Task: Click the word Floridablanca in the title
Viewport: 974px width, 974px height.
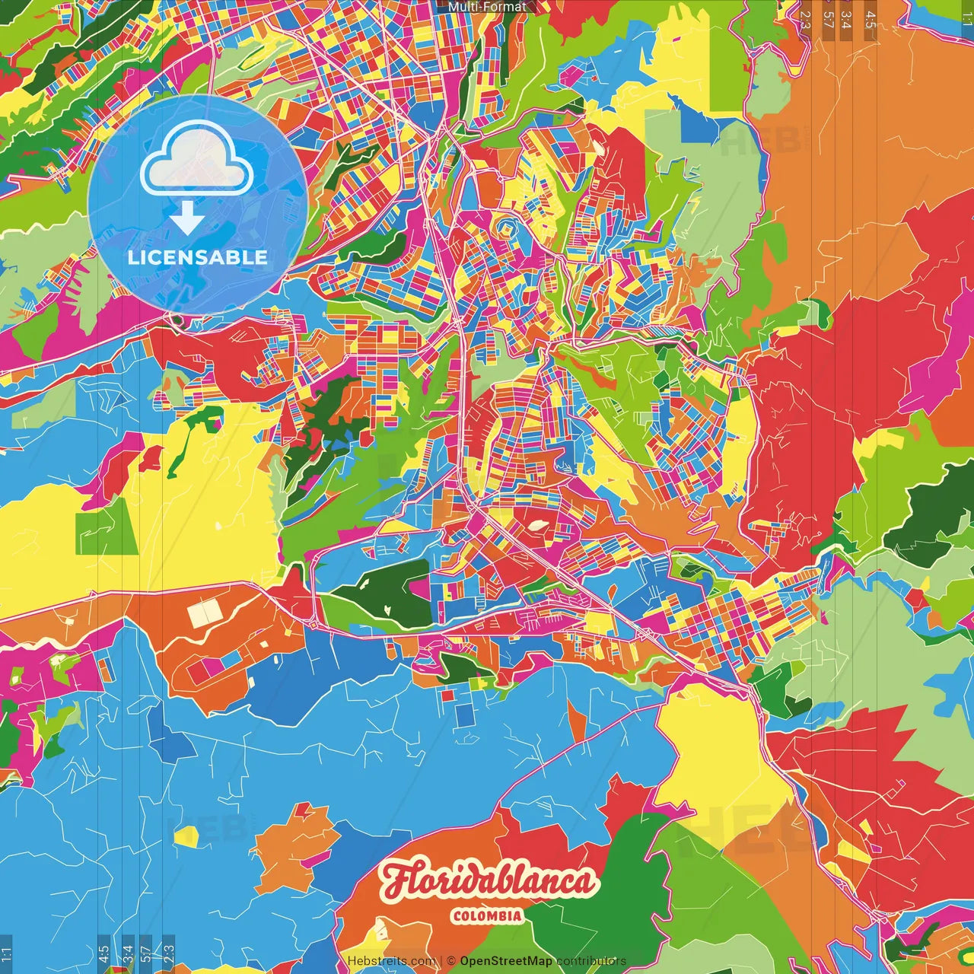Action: [x=487, y=882]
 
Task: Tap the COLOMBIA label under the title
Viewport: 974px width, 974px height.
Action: [x=487, y=916]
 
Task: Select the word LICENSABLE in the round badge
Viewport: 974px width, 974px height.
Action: [x=198, y=257]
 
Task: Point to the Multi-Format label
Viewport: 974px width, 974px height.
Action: [x=487, y=7]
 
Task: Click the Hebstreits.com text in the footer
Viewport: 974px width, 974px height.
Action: [x=391, y=961]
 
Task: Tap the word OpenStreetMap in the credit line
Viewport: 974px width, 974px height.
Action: [x=506, y=961]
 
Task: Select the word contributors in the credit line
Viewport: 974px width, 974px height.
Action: [x=591, y=961]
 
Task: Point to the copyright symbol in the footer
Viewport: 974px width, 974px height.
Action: [x=451, y=961]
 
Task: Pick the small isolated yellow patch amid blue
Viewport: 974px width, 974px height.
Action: [x=186, y=836]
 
